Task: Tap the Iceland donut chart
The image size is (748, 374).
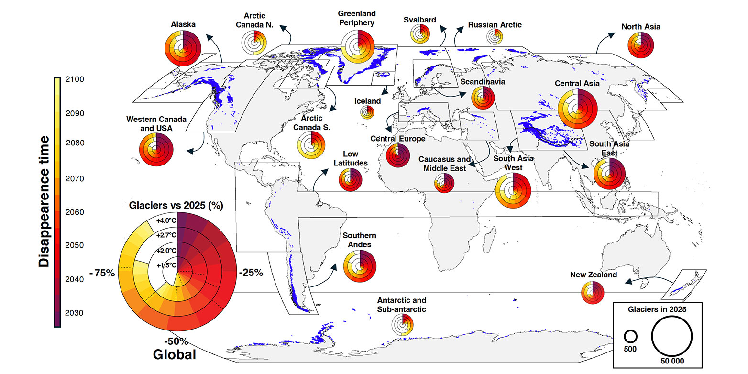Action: pos(367,113)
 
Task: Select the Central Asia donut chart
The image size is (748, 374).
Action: pos(578,109)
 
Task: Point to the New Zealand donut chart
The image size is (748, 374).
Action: pos(592,293)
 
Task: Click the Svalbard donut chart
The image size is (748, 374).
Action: pos(421,34)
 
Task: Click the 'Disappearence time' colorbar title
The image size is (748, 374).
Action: pos(44,201)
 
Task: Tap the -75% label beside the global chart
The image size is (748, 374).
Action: pos(102,274)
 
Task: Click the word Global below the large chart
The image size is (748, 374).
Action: pos(175,354)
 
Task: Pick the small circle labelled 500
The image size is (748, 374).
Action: pos(630,336)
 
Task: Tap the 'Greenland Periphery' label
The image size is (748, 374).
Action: pos(357,18)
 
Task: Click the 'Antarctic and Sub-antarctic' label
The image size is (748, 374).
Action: pos(401,305)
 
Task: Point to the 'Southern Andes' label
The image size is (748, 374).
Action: pos(359,240)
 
